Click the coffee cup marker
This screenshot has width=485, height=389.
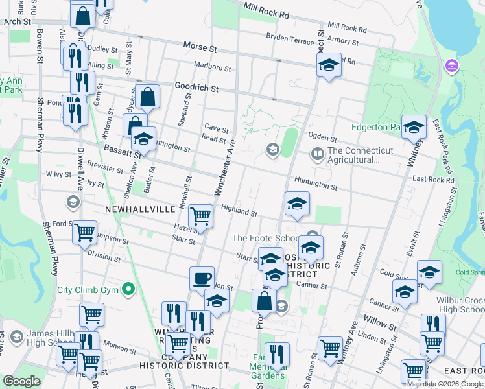pos(202,278)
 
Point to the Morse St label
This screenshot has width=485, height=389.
pos(199,47)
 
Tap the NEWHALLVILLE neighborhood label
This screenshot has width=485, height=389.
pos(141,209)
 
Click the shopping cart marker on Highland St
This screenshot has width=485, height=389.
pos(201,217)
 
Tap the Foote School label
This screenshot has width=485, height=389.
pos(268,239)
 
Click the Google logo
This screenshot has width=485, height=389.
pos(21,381)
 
